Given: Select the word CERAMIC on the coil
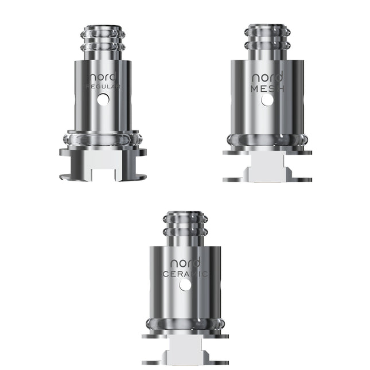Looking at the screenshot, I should [x=185, y=274].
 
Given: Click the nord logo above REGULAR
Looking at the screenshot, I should [x=103, y=76].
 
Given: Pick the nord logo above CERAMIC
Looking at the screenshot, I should [x=185, y=263].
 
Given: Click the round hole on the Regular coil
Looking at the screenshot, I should [x=103, y=99].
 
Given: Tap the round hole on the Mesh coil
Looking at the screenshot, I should [x=267, y=100].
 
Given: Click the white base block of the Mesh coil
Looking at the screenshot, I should [x=267, y=169].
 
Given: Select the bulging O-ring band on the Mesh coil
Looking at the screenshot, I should [x=267, y=141].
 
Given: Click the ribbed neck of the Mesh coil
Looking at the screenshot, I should [x=267, y=41].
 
